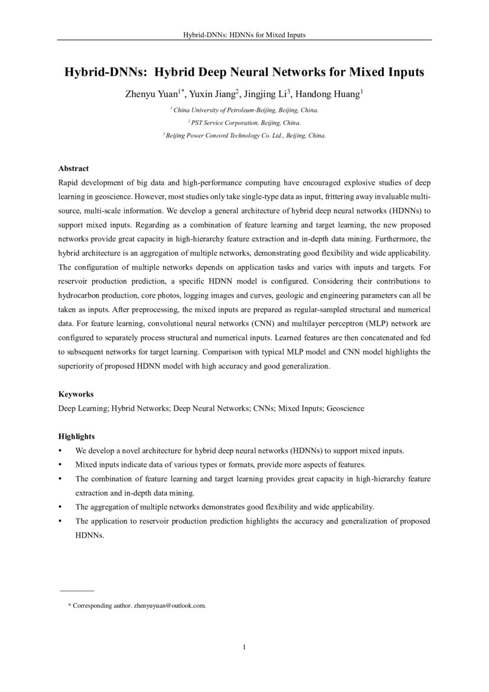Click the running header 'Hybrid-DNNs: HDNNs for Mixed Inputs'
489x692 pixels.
coord(244,35)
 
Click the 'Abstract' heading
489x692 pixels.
coord(73,169)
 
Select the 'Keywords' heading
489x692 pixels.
coord(76,394)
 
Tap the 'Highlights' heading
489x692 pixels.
coord(76,436)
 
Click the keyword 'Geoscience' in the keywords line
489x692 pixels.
coord(345,408)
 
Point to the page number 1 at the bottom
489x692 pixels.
coord(244,647)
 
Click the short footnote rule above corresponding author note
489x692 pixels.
coord(77,591)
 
